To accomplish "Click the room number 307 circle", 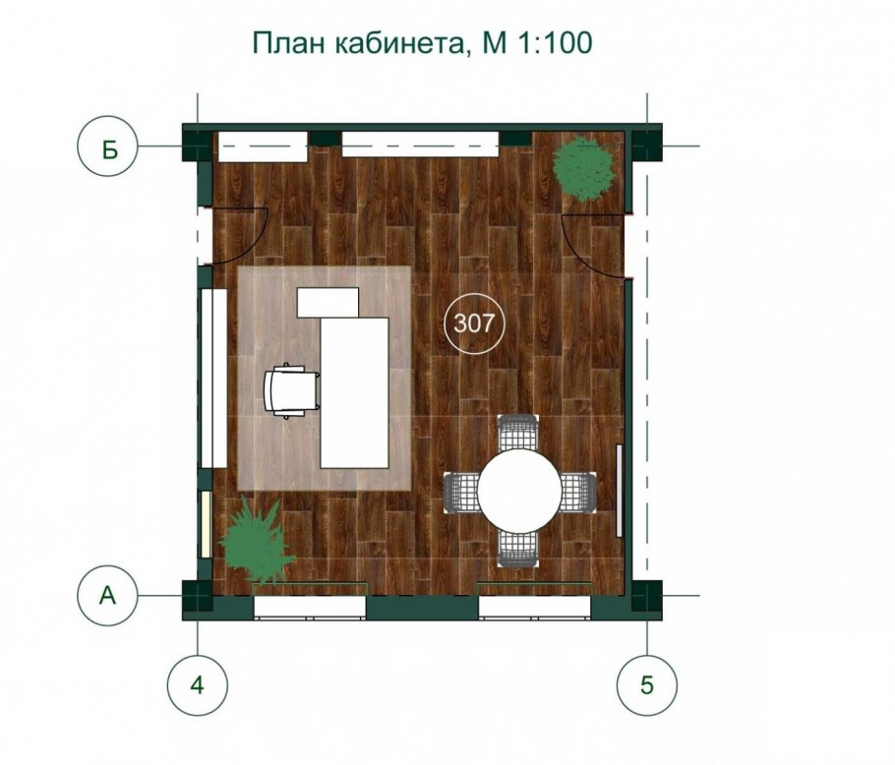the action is [x=473, y=324].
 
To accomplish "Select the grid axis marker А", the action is [x=108, y=595].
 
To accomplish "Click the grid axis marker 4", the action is [x=198, y=683].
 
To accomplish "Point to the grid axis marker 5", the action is [x=647, y=683].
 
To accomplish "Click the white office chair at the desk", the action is [x=291, y=390].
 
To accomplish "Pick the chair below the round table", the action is [x=517, y=549].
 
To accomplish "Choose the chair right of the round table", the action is [x=577, y=492].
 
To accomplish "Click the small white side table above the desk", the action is [x=328, y=303].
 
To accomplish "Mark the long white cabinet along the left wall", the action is [x=214, y=379].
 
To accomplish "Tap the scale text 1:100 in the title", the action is [x=555, y=42].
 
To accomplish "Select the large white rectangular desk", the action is [x=354, y=393].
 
